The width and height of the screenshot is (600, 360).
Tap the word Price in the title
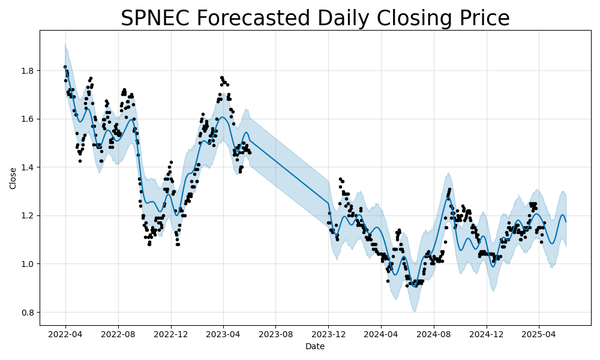point(478,19)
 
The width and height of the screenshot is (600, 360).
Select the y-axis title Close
point(13,178)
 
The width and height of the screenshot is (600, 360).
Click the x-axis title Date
point(315,346)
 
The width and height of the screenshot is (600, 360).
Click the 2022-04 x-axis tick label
point(65,334)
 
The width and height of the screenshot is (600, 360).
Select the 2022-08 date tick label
point(118,334)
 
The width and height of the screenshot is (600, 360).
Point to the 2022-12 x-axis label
point(171,334)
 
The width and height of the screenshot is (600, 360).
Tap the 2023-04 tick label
point(223,334)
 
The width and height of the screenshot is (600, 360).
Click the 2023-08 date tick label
point(276,334)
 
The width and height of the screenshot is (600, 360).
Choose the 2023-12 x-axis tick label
point(329,334)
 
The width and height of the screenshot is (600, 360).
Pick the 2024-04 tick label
point(381,334)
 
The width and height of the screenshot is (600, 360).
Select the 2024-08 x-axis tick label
point(434,334)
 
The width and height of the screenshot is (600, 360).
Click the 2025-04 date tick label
point(539,334)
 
